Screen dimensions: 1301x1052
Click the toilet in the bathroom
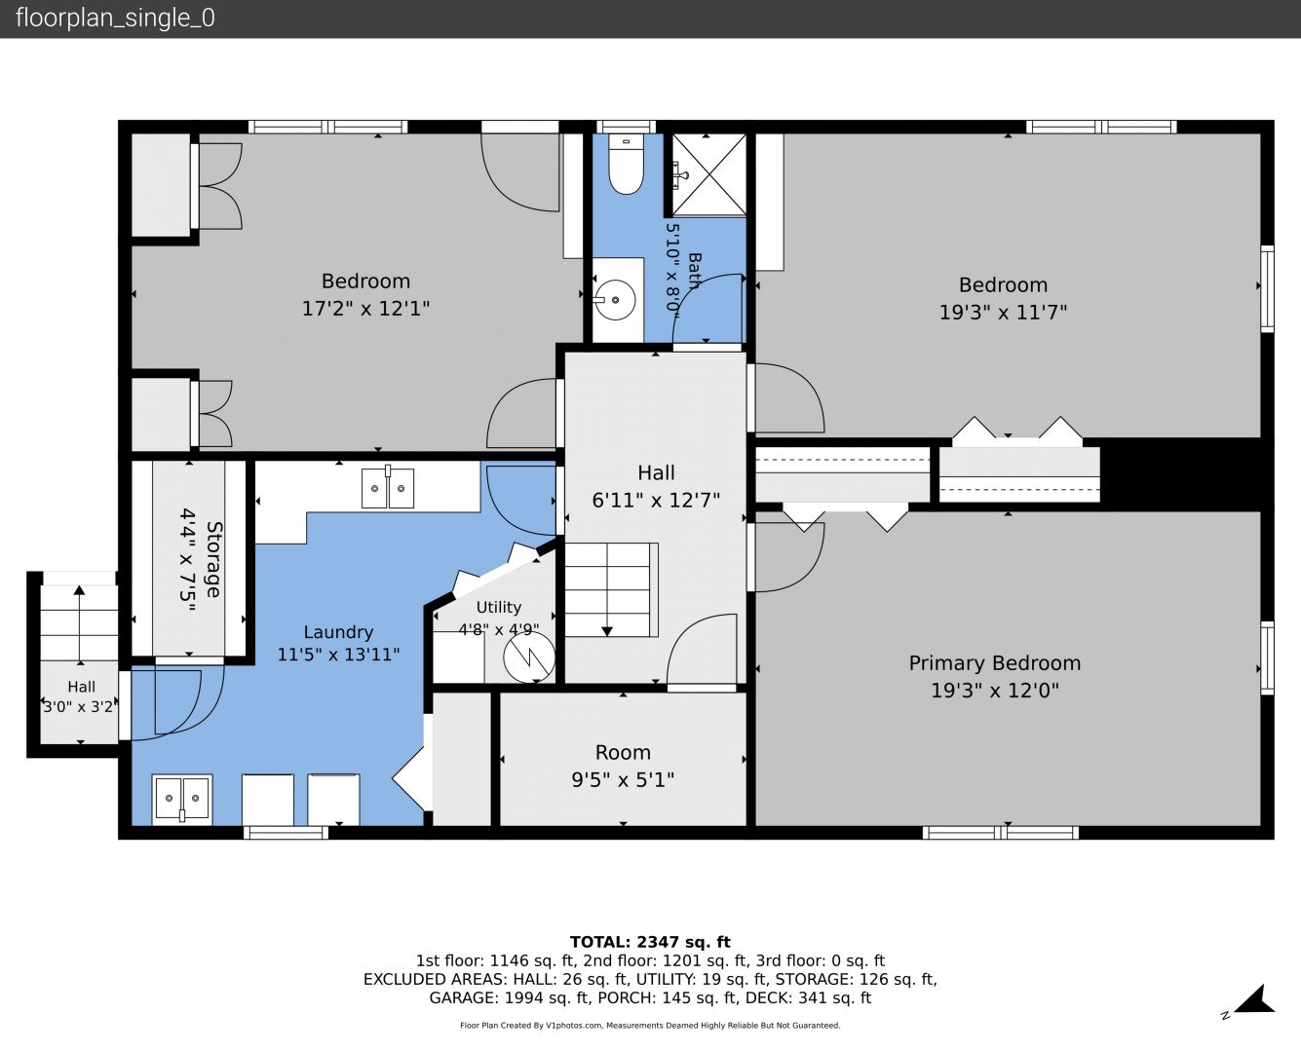click(626, 165)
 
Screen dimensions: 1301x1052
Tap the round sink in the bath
click(615, 300)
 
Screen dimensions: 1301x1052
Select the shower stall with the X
click(709, 175)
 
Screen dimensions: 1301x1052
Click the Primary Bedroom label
click(994, 663)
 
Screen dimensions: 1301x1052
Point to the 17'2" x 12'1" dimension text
click(365, 309)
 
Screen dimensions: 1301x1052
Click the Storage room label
click(213, 559)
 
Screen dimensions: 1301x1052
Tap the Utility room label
click(498, 607)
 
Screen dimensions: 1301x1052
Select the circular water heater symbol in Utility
click(529, 657)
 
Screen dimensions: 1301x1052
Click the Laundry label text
click(338, 632)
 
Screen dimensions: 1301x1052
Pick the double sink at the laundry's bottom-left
click(182, 799)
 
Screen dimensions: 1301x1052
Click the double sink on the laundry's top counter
click(387, 488)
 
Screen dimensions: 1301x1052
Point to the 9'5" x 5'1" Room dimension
click(623, 779)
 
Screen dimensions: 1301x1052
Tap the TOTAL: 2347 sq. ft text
click(650, 942)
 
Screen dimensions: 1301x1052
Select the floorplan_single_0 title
click(115, 18)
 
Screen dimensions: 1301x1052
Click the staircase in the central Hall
click(611, 590)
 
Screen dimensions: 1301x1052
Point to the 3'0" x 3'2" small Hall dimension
click(78, 706)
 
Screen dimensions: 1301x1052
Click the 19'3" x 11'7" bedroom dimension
click(1003, 312)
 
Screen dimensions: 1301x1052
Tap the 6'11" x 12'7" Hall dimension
click(656, 500)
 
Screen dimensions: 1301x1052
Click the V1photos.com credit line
click(650, 1025)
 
